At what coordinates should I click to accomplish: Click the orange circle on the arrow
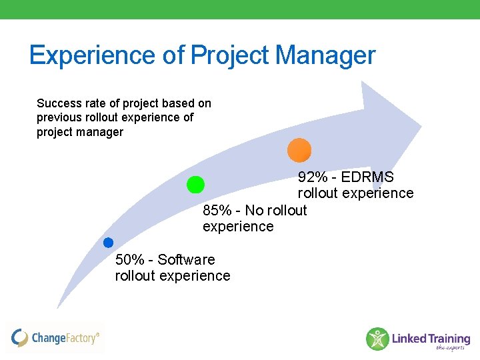299,150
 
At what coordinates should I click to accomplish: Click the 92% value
313,177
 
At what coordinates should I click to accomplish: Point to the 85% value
217,211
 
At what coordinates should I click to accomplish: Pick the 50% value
130,259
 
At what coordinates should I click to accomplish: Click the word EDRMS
367,177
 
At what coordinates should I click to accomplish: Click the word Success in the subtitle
59,103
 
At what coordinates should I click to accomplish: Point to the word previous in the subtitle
59,117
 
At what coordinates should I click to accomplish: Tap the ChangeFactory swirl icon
20,338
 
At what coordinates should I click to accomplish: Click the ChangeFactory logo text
65,338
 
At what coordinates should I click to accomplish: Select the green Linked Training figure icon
377,339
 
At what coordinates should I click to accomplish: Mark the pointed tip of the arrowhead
421,126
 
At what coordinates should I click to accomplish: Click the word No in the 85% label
254,211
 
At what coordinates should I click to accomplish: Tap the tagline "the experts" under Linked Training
450,347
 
